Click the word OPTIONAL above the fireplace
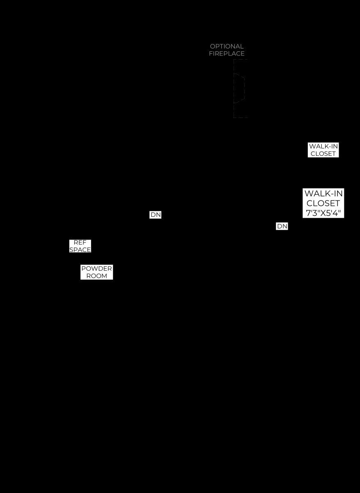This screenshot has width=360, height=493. point(227,46)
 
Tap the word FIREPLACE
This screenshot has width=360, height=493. point(227,53)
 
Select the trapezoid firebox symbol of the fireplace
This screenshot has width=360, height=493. point(239,88)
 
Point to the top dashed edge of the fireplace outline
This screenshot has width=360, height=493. point(241,60)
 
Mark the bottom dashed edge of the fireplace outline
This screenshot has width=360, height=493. point(241,117)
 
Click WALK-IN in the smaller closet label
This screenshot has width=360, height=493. point(323,146)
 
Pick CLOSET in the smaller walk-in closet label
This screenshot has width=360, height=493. point(323,154)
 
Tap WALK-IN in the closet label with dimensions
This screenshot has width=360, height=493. point(323,194)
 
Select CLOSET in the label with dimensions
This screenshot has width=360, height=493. point(323,203)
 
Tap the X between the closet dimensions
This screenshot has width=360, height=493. point(320,213)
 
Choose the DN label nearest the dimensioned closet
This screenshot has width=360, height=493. point(282,226)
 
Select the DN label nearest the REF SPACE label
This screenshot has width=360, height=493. point(156,214)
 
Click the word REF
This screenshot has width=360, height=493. point(80,242)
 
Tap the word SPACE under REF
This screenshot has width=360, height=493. point(80,250)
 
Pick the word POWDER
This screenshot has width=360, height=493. point(96,269)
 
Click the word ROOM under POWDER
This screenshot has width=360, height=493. point(96,276)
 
